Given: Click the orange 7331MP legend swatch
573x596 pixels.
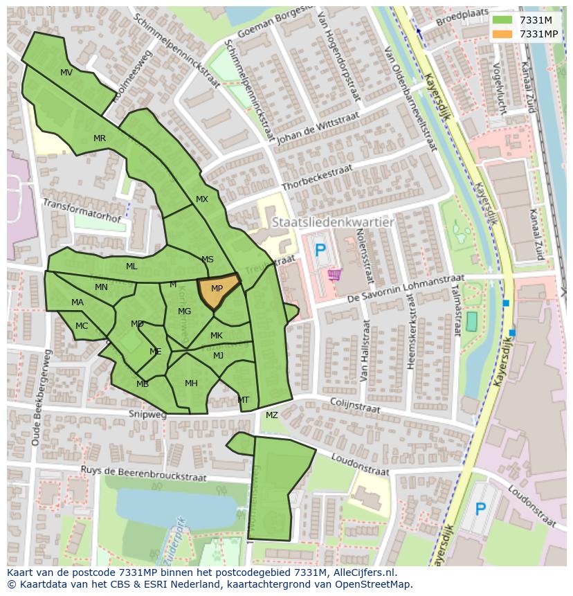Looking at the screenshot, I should pyautogui.click(x=503, y=34).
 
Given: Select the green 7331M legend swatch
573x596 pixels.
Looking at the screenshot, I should pyautogui.click(x=503, y=21).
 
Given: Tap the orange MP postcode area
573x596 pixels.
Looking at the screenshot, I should pyautogui.click(x=217, y=289).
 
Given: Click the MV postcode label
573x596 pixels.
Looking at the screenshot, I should pyautogui.click(x=66, y=73).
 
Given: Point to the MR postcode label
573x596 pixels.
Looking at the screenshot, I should pyautogui.click(x=100, y=138).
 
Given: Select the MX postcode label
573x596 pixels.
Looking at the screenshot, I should pyautogui.click(x=201, y=199).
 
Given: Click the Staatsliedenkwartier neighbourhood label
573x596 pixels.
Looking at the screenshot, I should pyautogui.click(x=333, y=223).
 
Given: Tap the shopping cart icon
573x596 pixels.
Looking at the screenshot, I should pyautogui.click(x=335, y=275).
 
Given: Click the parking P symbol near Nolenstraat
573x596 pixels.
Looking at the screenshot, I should pyautogui.click(x=319, y=251).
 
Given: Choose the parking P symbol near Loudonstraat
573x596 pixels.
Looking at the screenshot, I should pyautogui.click(x=480, y=510).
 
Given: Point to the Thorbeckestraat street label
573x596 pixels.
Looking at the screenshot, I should pyautogui.click(x=317, y=179).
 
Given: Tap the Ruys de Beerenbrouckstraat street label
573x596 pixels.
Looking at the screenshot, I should pyautogui.click(x=144, y=473).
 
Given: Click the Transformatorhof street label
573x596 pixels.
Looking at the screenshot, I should pyautogui.click(x=82, y=211).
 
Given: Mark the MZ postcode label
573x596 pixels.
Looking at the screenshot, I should pyautogui.click(x=271, y=415).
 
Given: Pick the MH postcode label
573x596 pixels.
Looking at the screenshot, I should pyautogui.click(x=191, y=383).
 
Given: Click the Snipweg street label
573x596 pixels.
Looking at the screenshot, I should pyautogui.click(x=147, y=415).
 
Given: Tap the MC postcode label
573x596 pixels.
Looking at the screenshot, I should pyautogui.click(x=82, y=326).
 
